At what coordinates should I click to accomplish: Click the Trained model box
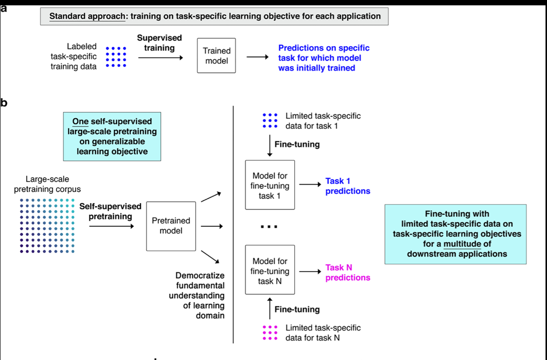point(216,56)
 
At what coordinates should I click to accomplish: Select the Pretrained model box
point(171,226)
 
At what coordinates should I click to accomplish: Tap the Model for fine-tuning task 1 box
point(270,185)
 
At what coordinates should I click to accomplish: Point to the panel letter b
point(4,103)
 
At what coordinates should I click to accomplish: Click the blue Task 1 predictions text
point(348,186)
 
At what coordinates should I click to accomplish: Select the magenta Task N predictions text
point(348,273)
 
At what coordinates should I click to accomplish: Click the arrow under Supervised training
point(160,58)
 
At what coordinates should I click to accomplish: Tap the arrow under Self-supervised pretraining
point(111,226)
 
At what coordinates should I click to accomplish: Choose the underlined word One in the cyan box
point(80,121)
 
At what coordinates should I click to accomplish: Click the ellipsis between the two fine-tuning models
point(269,227)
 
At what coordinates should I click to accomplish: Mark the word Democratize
point(203,275)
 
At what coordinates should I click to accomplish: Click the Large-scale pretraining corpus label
point(48,184)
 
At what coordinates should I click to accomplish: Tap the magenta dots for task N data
point(270,332)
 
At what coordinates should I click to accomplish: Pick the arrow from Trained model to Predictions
point(257,57)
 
